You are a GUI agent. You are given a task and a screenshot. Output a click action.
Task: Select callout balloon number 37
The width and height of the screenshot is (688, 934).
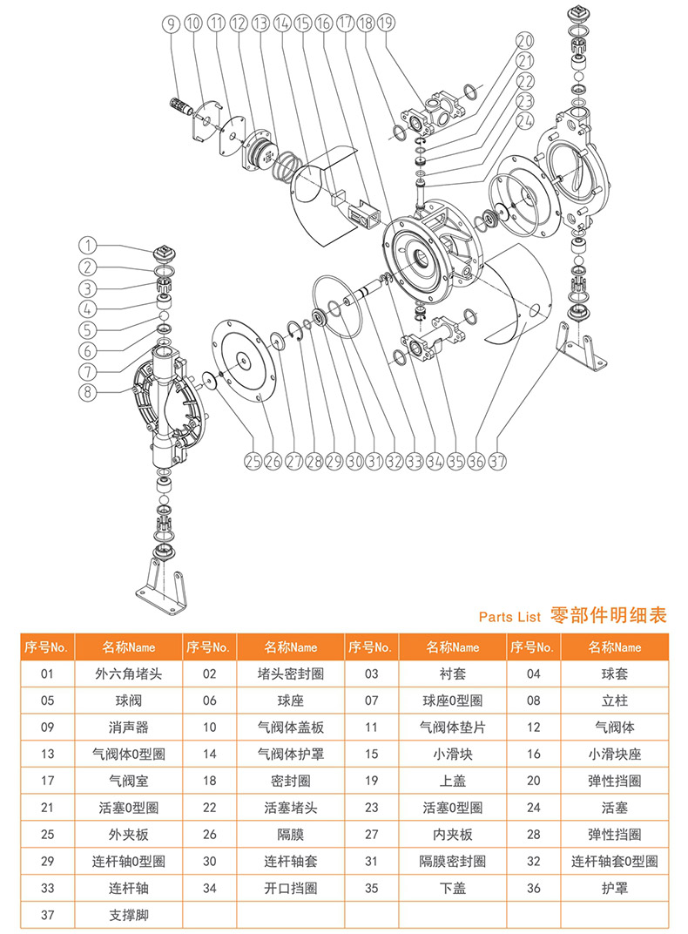tap(499, 462)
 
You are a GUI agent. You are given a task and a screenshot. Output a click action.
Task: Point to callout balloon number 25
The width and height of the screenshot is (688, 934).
tap(253, 462)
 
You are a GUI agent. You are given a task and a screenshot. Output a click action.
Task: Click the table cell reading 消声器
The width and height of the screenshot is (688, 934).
tap(128, 728)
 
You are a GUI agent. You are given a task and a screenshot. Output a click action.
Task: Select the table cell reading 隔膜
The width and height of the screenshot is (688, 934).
tap(291, 835)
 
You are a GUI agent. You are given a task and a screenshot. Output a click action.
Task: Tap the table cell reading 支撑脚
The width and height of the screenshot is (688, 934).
tap(128, 916)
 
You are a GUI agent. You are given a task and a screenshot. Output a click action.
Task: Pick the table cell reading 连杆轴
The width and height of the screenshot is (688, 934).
tap(128, 889)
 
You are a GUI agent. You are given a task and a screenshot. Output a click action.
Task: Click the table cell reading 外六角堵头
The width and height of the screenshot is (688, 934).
tap(128, 673)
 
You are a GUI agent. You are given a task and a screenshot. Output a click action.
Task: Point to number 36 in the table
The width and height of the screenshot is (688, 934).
tap(533, 889)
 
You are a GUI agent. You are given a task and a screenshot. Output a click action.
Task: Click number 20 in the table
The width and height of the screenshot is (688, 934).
tap(533, 782)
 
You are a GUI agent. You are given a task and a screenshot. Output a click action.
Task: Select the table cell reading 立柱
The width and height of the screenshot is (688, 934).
tap(614, 700)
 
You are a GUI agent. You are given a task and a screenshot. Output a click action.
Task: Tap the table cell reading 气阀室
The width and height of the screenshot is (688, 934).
tap(128, 782)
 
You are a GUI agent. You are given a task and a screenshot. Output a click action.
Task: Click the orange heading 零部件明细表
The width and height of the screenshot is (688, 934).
tap(609, 615)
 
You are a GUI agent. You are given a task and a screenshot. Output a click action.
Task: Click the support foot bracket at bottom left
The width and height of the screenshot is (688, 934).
tap(162, 592)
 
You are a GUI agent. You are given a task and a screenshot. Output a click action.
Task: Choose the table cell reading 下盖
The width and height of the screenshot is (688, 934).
tap(452, 889)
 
